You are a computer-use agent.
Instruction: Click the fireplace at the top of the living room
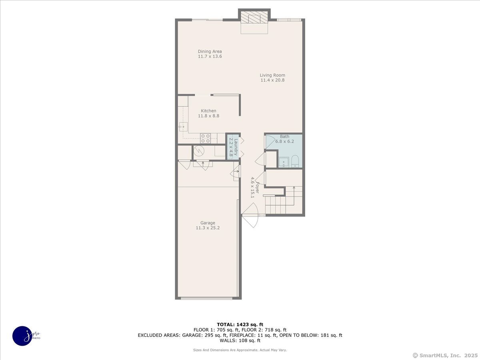pyautogui.click(x=254, y=18)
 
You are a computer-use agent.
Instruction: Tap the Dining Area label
pyautogui.click(x=210, y=51)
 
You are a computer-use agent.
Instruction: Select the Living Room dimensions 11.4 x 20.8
pyautogui.click(x=272, y=80)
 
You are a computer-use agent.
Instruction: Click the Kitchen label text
pyautogui.click(x=208, y=111)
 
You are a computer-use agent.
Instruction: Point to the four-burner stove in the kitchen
pyautogui.click(x=206, y=138)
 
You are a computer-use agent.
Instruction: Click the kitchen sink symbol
pyautogui.click(x=183, y=127)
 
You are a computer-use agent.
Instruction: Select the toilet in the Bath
pyautogui.click(x=295, y=161)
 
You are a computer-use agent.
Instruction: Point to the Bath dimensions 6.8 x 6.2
pyautogui.click(x=284, y=142)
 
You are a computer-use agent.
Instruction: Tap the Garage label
pyautogui.click(x=208, y=223)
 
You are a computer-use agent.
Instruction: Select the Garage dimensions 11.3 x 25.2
pyautogui.click(x=208, y=228)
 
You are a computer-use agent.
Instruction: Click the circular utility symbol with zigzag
pyautogui.click(x=199, y=151)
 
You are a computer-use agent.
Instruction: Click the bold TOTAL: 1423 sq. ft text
pyautogui.click(x=240, y=324)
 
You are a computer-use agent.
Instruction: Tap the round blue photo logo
pyautogui.click(x=22, y=336)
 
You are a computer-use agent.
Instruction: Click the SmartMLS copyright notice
pyautogui.click(x=444, y=355)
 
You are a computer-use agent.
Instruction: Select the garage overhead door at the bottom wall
pyautogui.click(x=206, y=298)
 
